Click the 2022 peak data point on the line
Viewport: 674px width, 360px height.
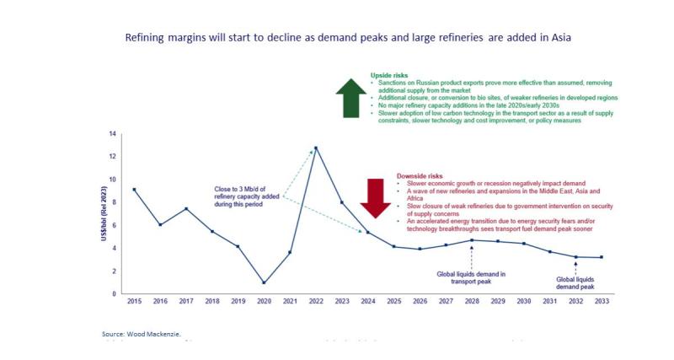316,148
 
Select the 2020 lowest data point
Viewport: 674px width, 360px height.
264,282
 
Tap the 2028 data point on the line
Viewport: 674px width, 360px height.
471,240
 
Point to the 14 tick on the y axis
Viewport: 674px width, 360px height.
111,134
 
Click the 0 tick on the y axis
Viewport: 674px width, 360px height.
114,293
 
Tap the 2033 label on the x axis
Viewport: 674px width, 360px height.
602,302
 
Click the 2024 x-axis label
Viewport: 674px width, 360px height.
367,302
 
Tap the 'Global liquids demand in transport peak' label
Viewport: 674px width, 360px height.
470,277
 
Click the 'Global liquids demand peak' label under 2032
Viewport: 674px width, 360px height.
576,282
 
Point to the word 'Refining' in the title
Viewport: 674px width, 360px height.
146,38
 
